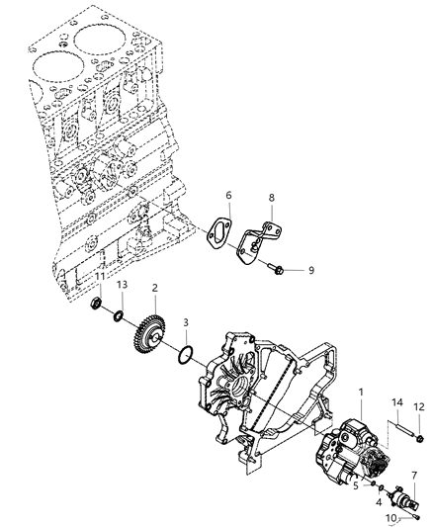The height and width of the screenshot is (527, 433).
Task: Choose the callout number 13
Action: tap(123, 287)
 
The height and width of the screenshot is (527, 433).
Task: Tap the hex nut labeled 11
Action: tap(99, 304)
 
